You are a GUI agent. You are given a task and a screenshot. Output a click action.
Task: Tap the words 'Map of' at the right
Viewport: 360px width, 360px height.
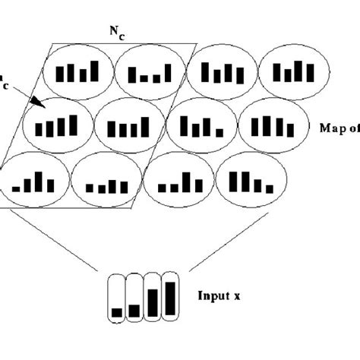[x=339, y=127]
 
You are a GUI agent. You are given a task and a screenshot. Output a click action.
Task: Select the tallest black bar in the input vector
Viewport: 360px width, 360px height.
[x=170, y=298]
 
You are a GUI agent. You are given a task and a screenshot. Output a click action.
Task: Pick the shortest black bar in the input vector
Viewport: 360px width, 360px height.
[x=117, y=311]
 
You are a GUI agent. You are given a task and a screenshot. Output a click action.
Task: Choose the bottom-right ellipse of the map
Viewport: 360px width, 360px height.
[x=249, y=182]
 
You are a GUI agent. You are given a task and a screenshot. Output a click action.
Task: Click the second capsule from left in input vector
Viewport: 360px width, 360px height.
[x=135, y=295]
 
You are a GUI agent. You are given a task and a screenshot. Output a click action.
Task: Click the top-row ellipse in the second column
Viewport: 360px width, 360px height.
[x=150, y=73]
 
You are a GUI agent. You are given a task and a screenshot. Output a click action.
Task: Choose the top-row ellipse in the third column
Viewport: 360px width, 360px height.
[x=220, y=71]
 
